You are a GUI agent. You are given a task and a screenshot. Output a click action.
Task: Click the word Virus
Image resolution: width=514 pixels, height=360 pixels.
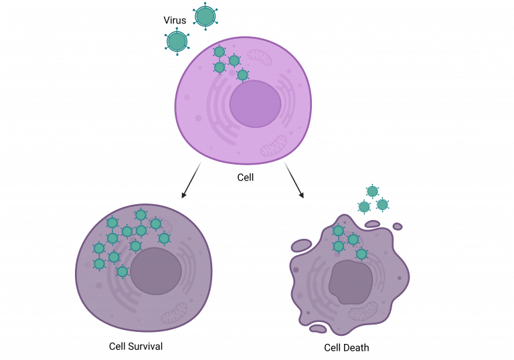tap(175, 20)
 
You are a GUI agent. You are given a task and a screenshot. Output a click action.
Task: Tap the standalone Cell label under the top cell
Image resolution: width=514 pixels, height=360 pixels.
tap(246, 177)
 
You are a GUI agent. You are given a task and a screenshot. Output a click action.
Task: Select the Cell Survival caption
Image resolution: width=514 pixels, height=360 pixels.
tap(136, 347)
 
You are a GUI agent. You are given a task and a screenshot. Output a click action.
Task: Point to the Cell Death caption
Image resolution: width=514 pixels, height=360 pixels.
tap(347, 347)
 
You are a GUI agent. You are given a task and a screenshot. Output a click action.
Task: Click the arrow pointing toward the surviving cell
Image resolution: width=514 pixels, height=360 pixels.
tap(191, 180)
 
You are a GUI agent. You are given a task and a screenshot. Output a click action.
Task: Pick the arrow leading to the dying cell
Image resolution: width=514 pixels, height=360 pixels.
tap(294, 180)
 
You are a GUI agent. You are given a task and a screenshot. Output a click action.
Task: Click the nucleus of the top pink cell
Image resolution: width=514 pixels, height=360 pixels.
tap(256, 104)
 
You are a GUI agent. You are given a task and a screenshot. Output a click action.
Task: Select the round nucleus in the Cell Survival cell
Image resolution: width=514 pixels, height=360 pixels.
tap(156, 271)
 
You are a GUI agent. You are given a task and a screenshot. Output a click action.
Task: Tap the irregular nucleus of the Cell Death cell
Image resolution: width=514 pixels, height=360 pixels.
tap(351, 282)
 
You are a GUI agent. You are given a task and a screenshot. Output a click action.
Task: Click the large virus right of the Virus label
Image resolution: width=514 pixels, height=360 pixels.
tap(205, 16)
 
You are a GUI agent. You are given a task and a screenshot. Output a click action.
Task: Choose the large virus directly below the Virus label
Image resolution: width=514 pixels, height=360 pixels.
tap(177, 41)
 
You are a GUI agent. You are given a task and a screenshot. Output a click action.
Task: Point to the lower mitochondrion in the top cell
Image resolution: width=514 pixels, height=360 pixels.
tap(274, 146)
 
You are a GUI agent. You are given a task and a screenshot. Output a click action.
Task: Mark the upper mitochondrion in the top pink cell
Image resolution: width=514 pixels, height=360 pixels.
tap(260, 58)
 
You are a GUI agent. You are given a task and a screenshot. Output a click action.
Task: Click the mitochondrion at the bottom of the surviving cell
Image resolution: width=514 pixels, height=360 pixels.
tap(174, 313)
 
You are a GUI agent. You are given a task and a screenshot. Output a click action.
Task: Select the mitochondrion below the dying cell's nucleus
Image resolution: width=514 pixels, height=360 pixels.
tap(363, 311)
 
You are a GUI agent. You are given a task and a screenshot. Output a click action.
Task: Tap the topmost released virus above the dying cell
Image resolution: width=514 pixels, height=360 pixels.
tap(372, 191)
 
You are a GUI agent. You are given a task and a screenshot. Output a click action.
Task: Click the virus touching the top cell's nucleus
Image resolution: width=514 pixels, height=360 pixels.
tap(242, 75)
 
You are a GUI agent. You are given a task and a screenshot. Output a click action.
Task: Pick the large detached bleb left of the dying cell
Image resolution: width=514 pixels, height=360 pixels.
tap(301, 246)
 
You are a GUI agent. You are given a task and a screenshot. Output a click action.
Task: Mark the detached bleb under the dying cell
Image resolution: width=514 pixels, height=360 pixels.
tap(318, 328)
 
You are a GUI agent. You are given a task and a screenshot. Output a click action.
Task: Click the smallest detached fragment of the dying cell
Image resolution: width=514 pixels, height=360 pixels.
tap(398, 226)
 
